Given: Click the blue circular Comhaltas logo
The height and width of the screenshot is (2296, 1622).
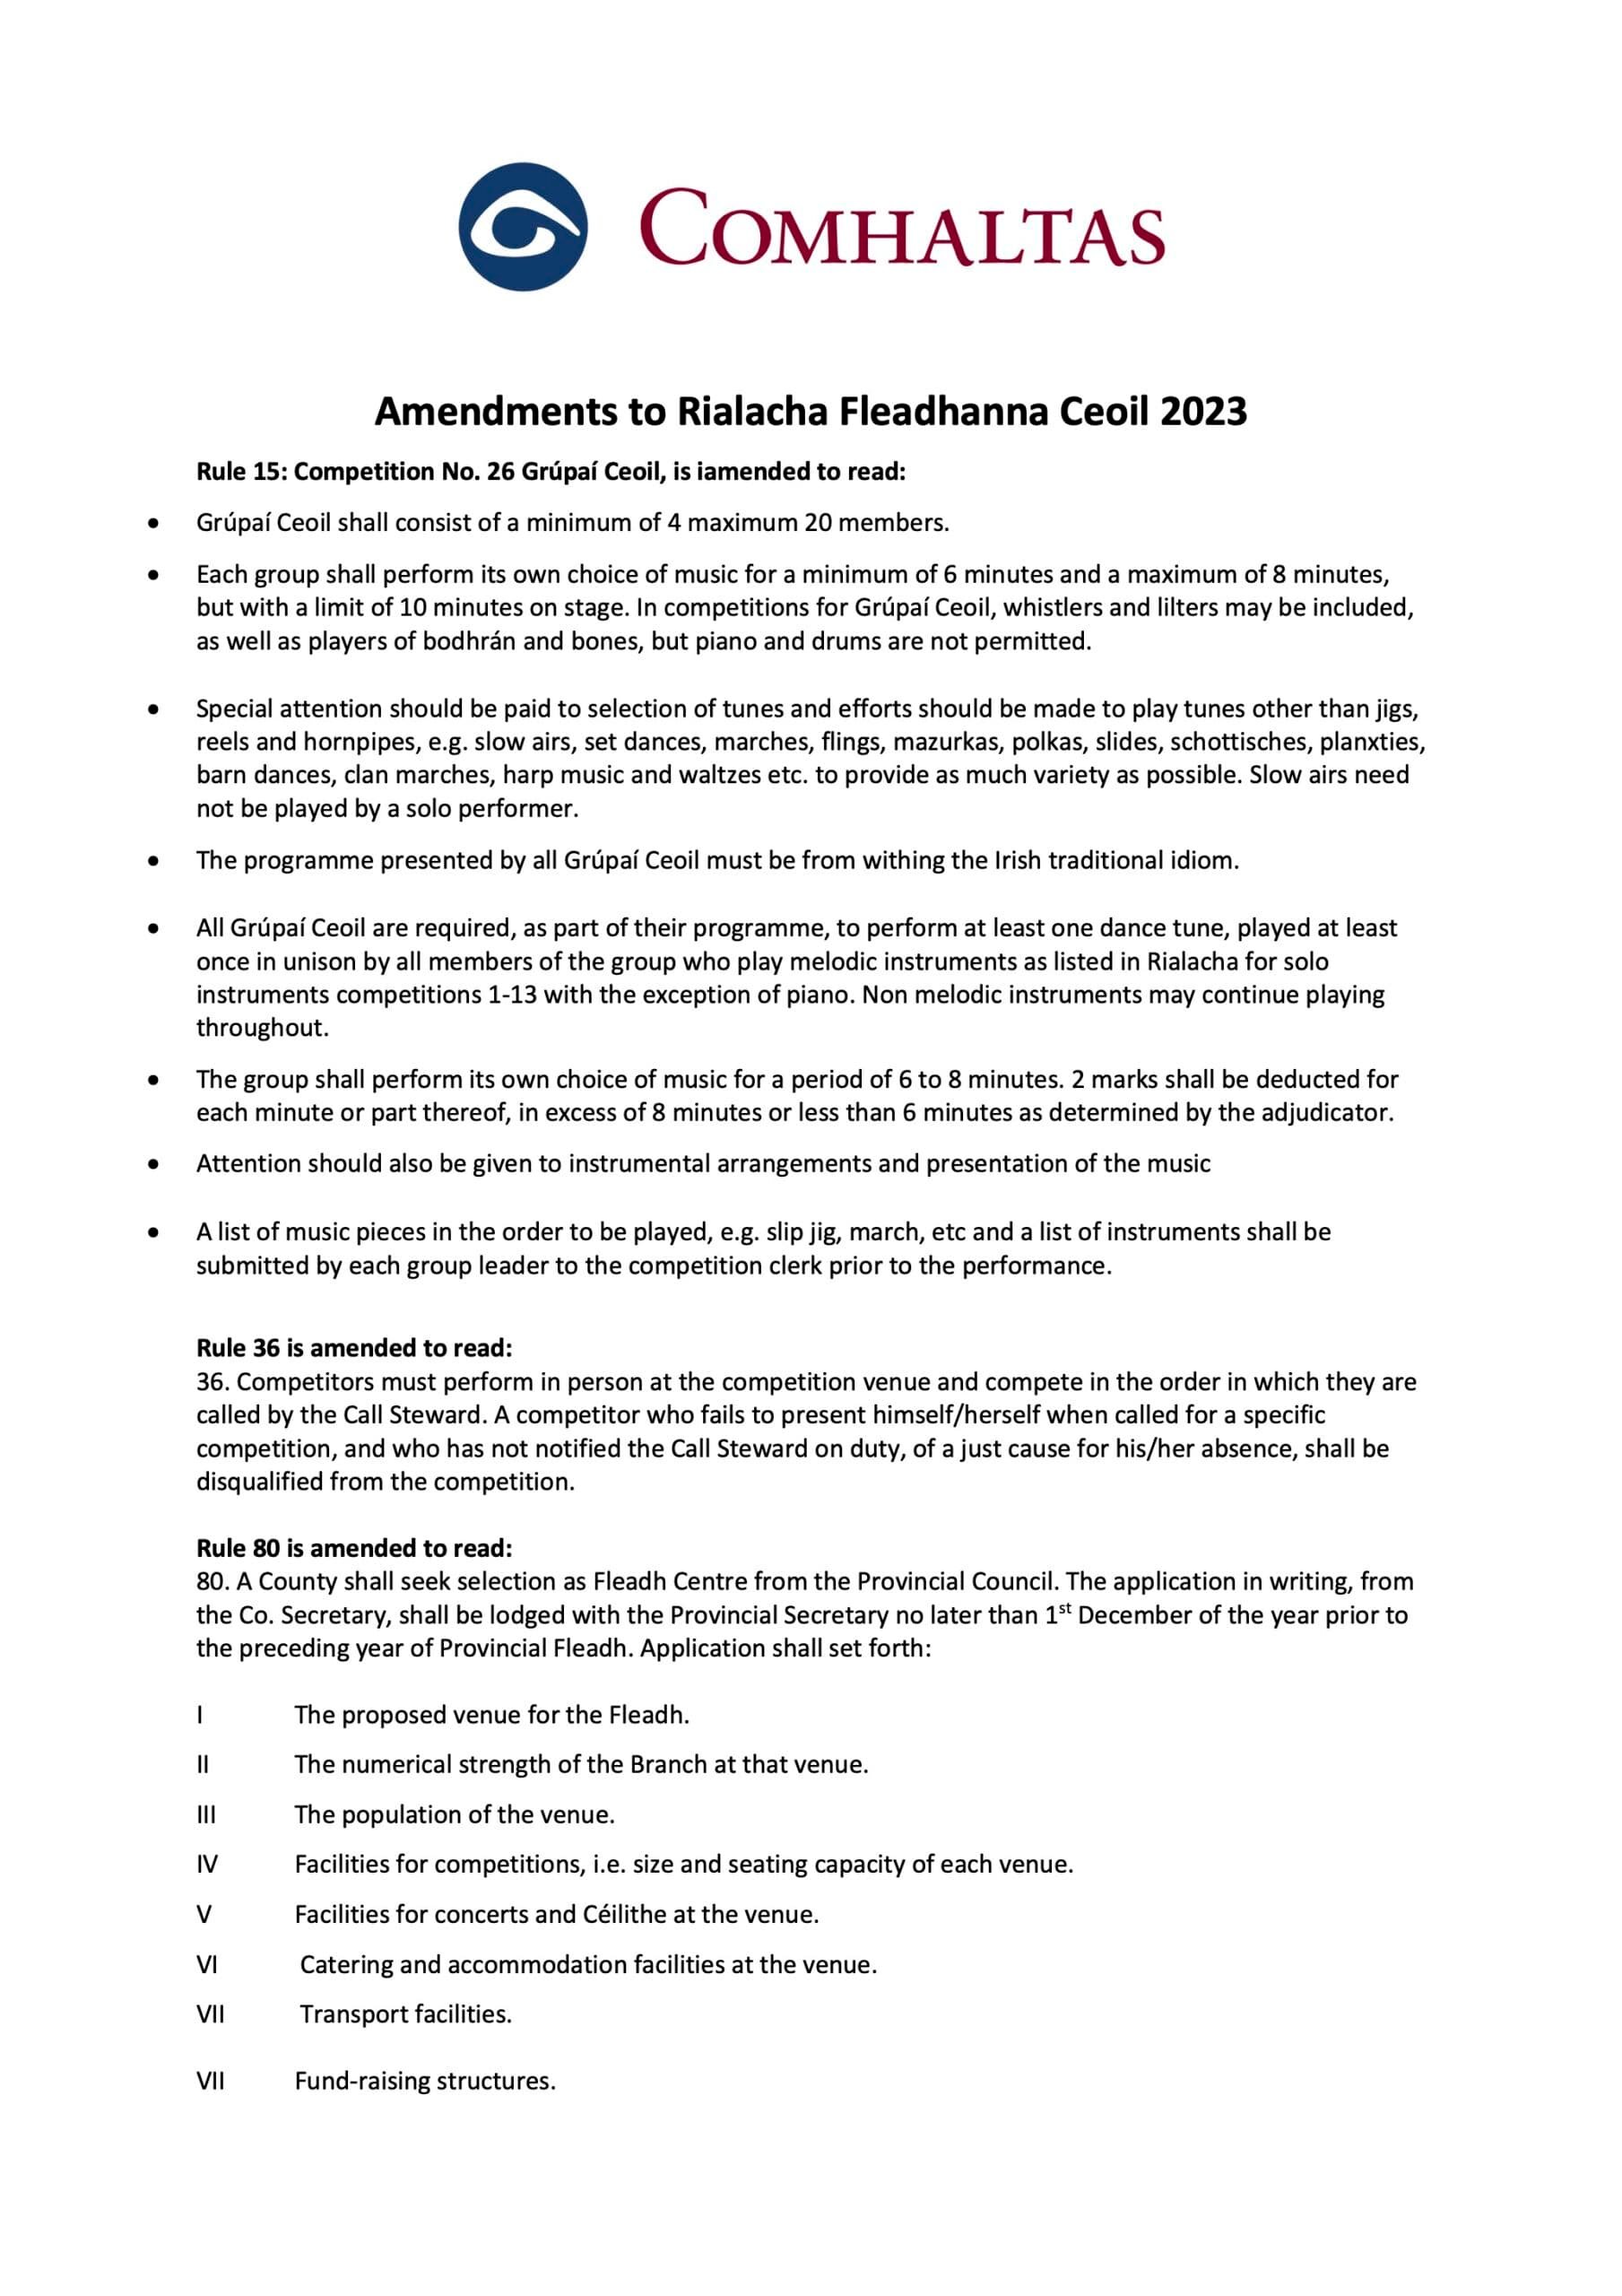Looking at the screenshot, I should click(x=522, y=226).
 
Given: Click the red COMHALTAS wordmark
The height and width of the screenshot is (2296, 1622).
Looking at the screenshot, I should click(x=901, y=229).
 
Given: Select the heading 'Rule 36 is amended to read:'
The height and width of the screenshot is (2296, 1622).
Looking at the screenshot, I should click(x=354, y=1348).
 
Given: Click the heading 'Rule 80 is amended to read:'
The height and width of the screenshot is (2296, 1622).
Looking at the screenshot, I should click(x=354, y=1548).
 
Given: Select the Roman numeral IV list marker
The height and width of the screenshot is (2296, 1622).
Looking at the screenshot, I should click(x=206, y=1864).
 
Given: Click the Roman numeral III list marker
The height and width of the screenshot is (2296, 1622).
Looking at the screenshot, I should click(x=205, y=1814).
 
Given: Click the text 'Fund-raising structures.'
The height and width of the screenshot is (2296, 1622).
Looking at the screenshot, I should click(x=425, y=2081).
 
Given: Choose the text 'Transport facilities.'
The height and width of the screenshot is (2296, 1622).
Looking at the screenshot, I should click(x=406, y=2014).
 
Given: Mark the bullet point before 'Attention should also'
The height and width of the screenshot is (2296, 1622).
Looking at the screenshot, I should click(x=153, y=1164).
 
